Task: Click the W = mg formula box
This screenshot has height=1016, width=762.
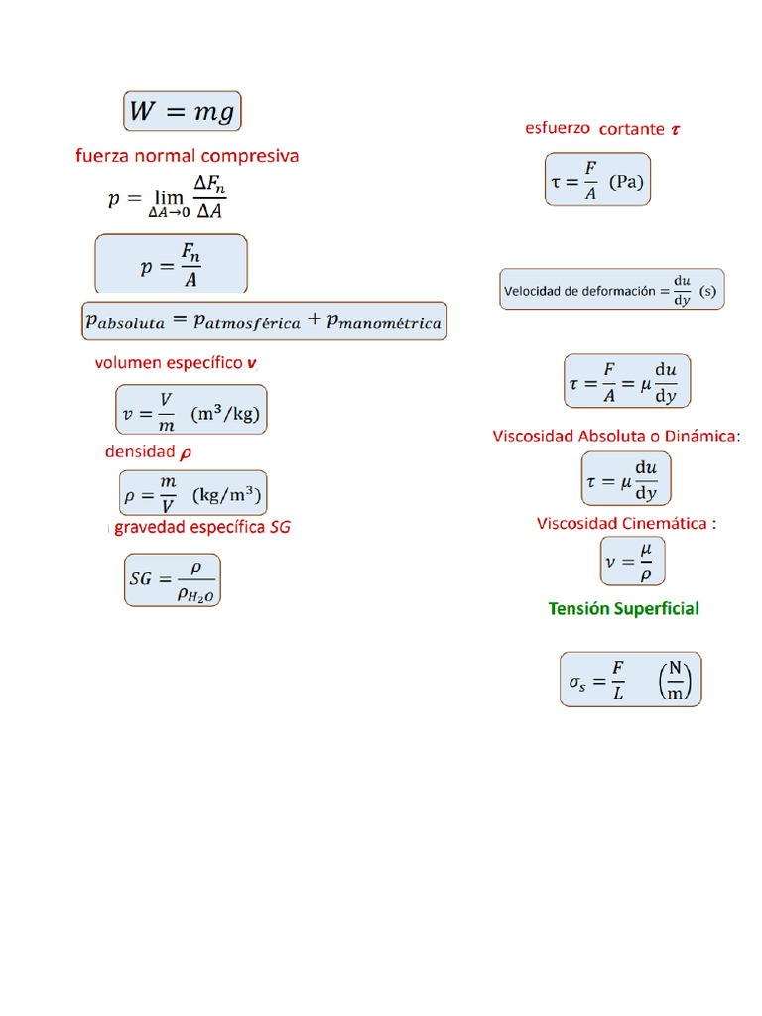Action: [183, 111]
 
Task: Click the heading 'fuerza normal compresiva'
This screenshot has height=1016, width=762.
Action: [187, 156]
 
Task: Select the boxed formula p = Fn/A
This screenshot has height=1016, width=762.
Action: [171, 265]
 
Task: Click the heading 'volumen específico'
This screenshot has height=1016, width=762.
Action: [169, 363]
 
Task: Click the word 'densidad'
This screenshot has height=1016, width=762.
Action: [140, 452]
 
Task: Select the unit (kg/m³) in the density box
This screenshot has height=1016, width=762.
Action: [228, 493]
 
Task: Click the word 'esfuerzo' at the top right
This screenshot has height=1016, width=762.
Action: [558, 128]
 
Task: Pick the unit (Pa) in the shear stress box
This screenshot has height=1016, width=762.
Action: [625, 182]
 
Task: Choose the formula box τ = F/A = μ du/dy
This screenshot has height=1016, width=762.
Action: [627, 381]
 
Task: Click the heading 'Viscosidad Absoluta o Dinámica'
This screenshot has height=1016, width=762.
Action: [615, 436]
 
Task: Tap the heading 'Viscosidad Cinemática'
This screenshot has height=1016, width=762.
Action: [622, 523]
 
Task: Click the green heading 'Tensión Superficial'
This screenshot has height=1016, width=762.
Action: [623, 608]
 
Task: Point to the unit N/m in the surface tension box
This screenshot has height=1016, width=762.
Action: [676, 680]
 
